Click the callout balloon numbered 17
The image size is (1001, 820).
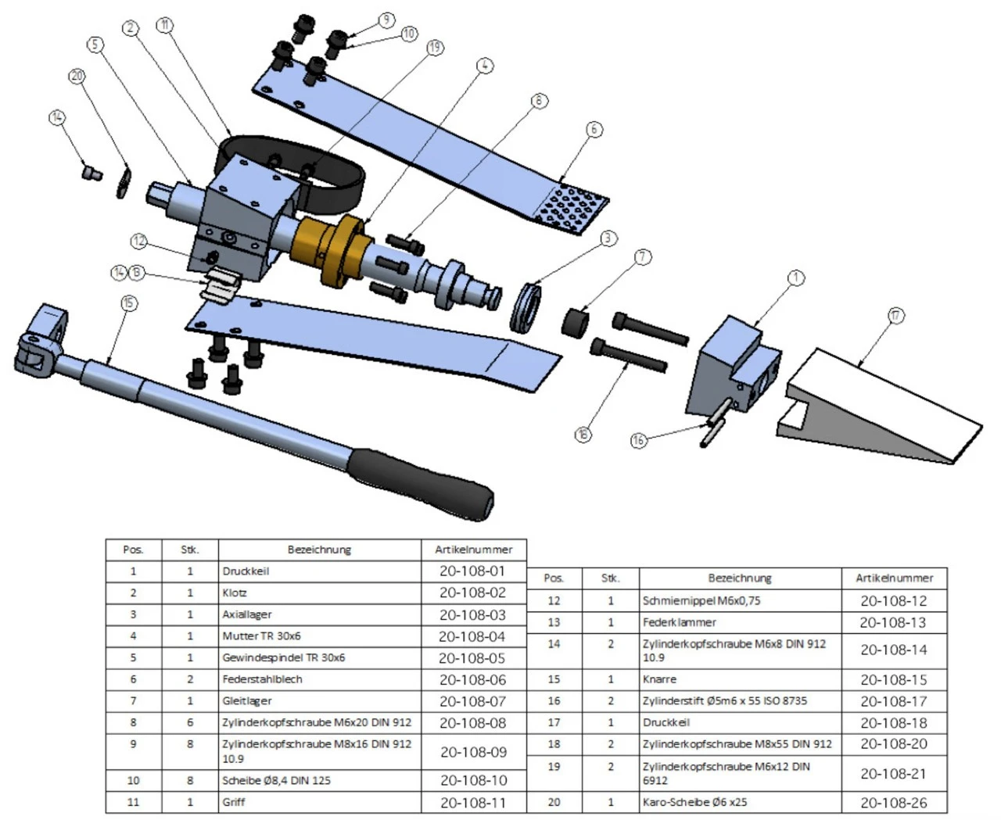(x=895, y=316)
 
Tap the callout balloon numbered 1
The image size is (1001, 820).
(x=795, y=278)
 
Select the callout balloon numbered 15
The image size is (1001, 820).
(x=129, y=303)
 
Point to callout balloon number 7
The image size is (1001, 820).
(x=643, y=256)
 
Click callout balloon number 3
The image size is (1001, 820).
(x=608, y=238)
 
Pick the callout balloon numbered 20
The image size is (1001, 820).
(x=77, y=76)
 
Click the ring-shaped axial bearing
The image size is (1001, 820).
(x=526, y=307)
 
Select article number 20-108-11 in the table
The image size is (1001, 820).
(x=473, y=802)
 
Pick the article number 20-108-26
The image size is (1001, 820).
(x=894, y=802)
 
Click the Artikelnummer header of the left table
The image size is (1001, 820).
(x=473, y=550)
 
